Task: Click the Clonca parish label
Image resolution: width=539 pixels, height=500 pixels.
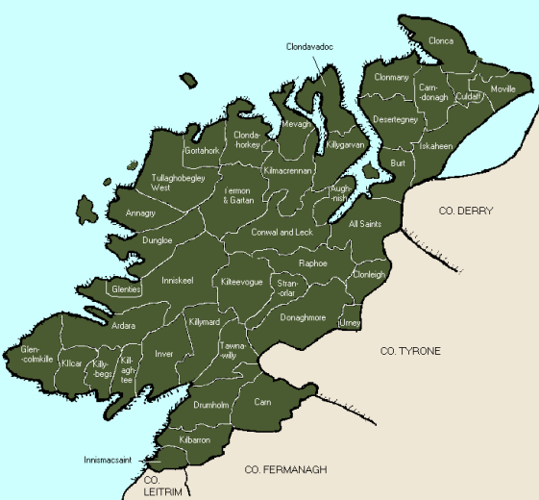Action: [441, 41]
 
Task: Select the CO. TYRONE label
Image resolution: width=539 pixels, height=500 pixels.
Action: [410, 351]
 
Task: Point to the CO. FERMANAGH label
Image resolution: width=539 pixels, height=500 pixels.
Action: [286, 469]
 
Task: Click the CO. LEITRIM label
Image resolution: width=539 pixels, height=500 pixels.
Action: [155, 484]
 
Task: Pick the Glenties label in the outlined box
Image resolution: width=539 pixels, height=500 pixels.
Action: [126, 288]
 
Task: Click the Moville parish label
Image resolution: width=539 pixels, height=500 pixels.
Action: [502, 88]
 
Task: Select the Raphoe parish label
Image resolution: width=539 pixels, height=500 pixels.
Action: [313, 262]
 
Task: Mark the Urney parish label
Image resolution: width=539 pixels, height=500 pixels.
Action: [351, 323]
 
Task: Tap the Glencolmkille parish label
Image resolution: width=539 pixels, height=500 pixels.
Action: [37, 356]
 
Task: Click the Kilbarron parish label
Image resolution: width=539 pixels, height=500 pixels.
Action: [195, 439]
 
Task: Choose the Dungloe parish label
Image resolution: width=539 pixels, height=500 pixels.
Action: [157, 239]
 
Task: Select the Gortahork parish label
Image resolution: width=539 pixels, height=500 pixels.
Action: [202, 152]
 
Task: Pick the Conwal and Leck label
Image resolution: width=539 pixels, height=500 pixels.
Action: [282, 233]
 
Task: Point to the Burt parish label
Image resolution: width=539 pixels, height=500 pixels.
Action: [398, 163]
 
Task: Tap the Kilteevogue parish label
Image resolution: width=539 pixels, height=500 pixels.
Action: [241, 282]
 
